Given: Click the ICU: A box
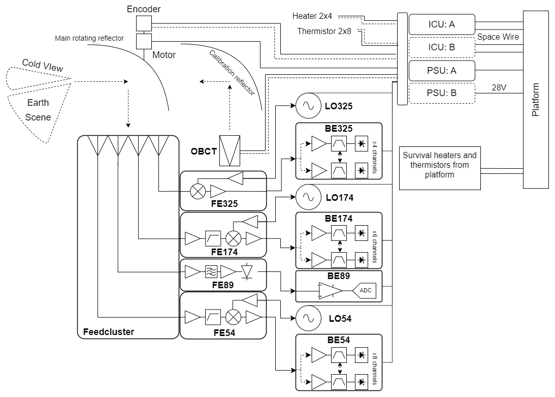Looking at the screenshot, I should tap(441, 24).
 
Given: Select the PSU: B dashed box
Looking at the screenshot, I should tap(441, 94).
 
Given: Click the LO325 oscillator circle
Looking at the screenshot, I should tap(307, 106).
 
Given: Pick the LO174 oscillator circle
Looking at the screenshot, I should tap(307, 198).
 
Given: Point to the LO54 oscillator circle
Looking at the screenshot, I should tap(307, 319).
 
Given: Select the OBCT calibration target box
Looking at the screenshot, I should tap(230, 150).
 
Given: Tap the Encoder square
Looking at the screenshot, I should tap(144, 23).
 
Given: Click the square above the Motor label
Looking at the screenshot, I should tap(144, 41).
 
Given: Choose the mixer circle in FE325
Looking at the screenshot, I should tap(197, 192).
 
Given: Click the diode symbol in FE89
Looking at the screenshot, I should tap(247, 271).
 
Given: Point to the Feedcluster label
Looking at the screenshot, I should tap(108, 332).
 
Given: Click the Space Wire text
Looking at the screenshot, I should tap(498, 37).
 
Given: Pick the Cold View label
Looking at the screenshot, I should tap(39, 66).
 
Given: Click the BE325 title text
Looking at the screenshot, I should tap(339, 129).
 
